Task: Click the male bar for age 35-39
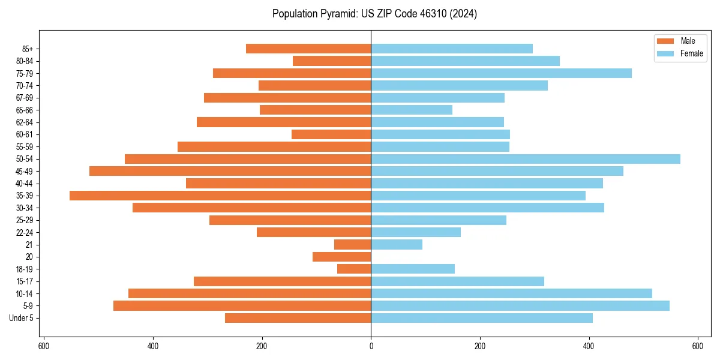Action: pos(220,196)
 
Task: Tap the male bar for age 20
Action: pos(341,257)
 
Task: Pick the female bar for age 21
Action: pos(397,244)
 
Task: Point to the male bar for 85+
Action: pos(308,49)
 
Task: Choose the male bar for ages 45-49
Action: pos(230,171)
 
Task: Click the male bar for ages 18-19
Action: pos(354,269)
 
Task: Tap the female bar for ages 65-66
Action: pos(412,110)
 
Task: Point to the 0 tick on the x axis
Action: pos(371,346)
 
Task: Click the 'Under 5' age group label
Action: pos(21,318)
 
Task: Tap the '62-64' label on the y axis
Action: pos(25,122)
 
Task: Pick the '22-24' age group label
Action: pos(25,232)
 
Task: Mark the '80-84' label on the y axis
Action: pos(25,61)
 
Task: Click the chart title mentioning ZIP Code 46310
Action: pos(374,14)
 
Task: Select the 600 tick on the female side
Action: pos(697,346)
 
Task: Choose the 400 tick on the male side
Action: pos(153,346)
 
